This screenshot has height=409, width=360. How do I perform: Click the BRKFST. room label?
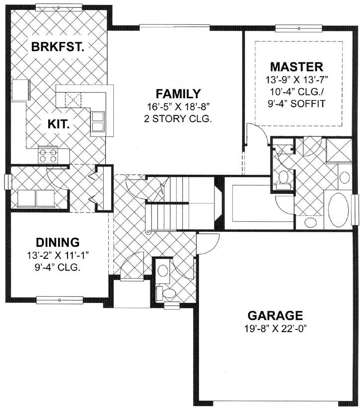pyautogui.click(x=57, y=47)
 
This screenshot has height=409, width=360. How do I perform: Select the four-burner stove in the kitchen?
pyautogui.click(x=47, y=155)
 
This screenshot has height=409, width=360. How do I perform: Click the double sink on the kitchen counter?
pyautogui.click(x=97, y=120)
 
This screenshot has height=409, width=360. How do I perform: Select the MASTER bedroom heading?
pyautogui.click(x=296, y=66)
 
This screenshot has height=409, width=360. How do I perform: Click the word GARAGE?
pyautogui.click(x=275, y=315)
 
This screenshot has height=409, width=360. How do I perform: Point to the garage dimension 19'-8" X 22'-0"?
pyautogui.click(x=275, y=329)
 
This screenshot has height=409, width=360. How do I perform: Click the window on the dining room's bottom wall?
pyautogui.click(x=58, y=300)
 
